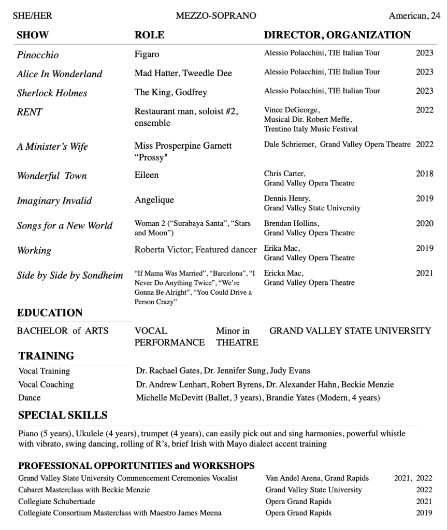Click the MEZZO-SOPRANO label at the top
[215, 16]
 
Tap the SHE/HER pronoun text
[32, 16]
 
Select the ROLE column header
[149, 35]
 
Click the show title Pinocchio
[38, 55]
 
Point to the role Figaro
[147, 54]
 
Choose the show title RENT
[30, 112]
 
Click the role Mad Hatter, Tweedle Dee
[183, 73]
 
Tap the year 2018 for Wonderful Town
[424, 174]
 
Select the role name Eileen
[147, 175]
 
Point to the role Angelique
[154, 200]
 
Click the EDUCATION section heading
[50, 313]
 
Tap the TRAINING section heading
[46, 356]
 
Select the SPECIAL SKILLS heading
[63, 415]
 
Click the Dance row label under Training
[29, 398]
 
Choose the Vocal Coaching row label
[46, 384]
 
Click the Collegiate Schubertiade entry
[57, 502]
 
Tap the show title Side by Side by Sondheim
[70, 276]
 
